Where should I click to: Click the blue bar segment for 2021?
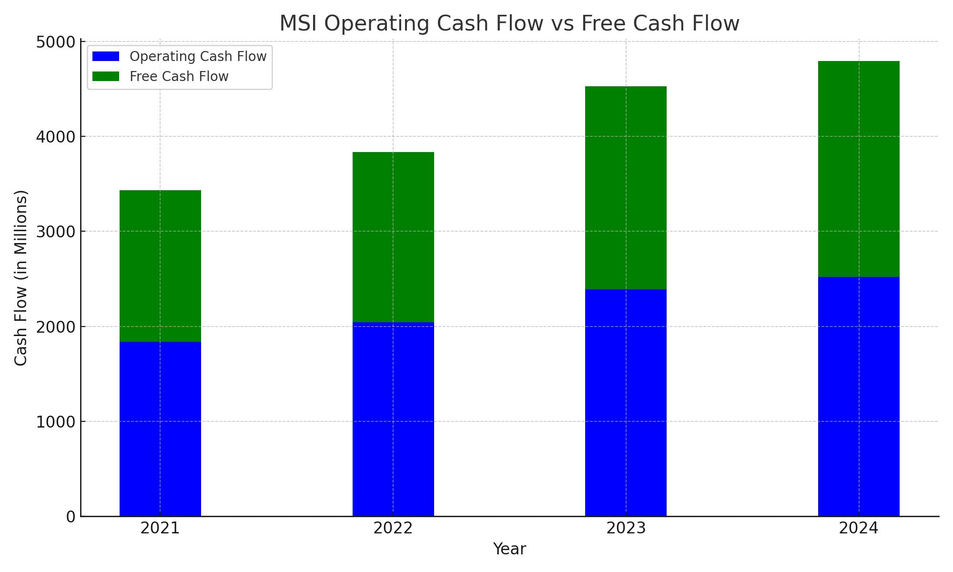point(160,429)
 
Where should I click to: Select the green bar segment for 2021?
point(160,266)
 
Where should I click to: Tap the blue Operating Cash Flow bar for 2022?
point(393,419)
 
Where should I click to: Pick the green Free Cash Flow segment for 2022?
point(393,237)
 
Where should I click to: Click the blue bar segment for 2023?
point(626,403)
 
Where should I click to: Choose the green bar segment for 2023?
point(626,188)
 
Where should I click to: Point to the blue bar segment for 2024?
point(859,397)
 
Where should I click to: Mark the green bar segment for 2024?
point(859,169)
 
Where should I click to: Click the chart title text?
point(509,23)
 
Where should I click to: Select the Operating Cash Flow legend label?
point(198,56)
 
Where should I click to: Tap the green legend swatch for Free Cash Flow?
point(106,76)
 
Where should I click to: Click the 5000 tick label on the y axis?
point(55,42)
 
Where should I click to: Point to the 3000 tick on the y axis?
point(55,232)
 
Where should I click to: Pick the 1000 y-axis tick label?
point(55,422)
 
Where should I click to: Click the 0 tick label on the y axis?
point(71,517)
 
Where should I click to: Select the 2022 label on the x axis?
point(393,528)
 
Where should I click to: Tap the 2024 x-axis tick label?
point(859,528)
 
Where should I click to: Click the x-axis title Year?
point(509,549)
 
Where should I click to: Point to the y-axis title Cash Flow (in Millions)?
point(21,278)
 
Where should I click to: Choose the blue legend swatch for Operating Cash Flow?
point(106,56)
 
